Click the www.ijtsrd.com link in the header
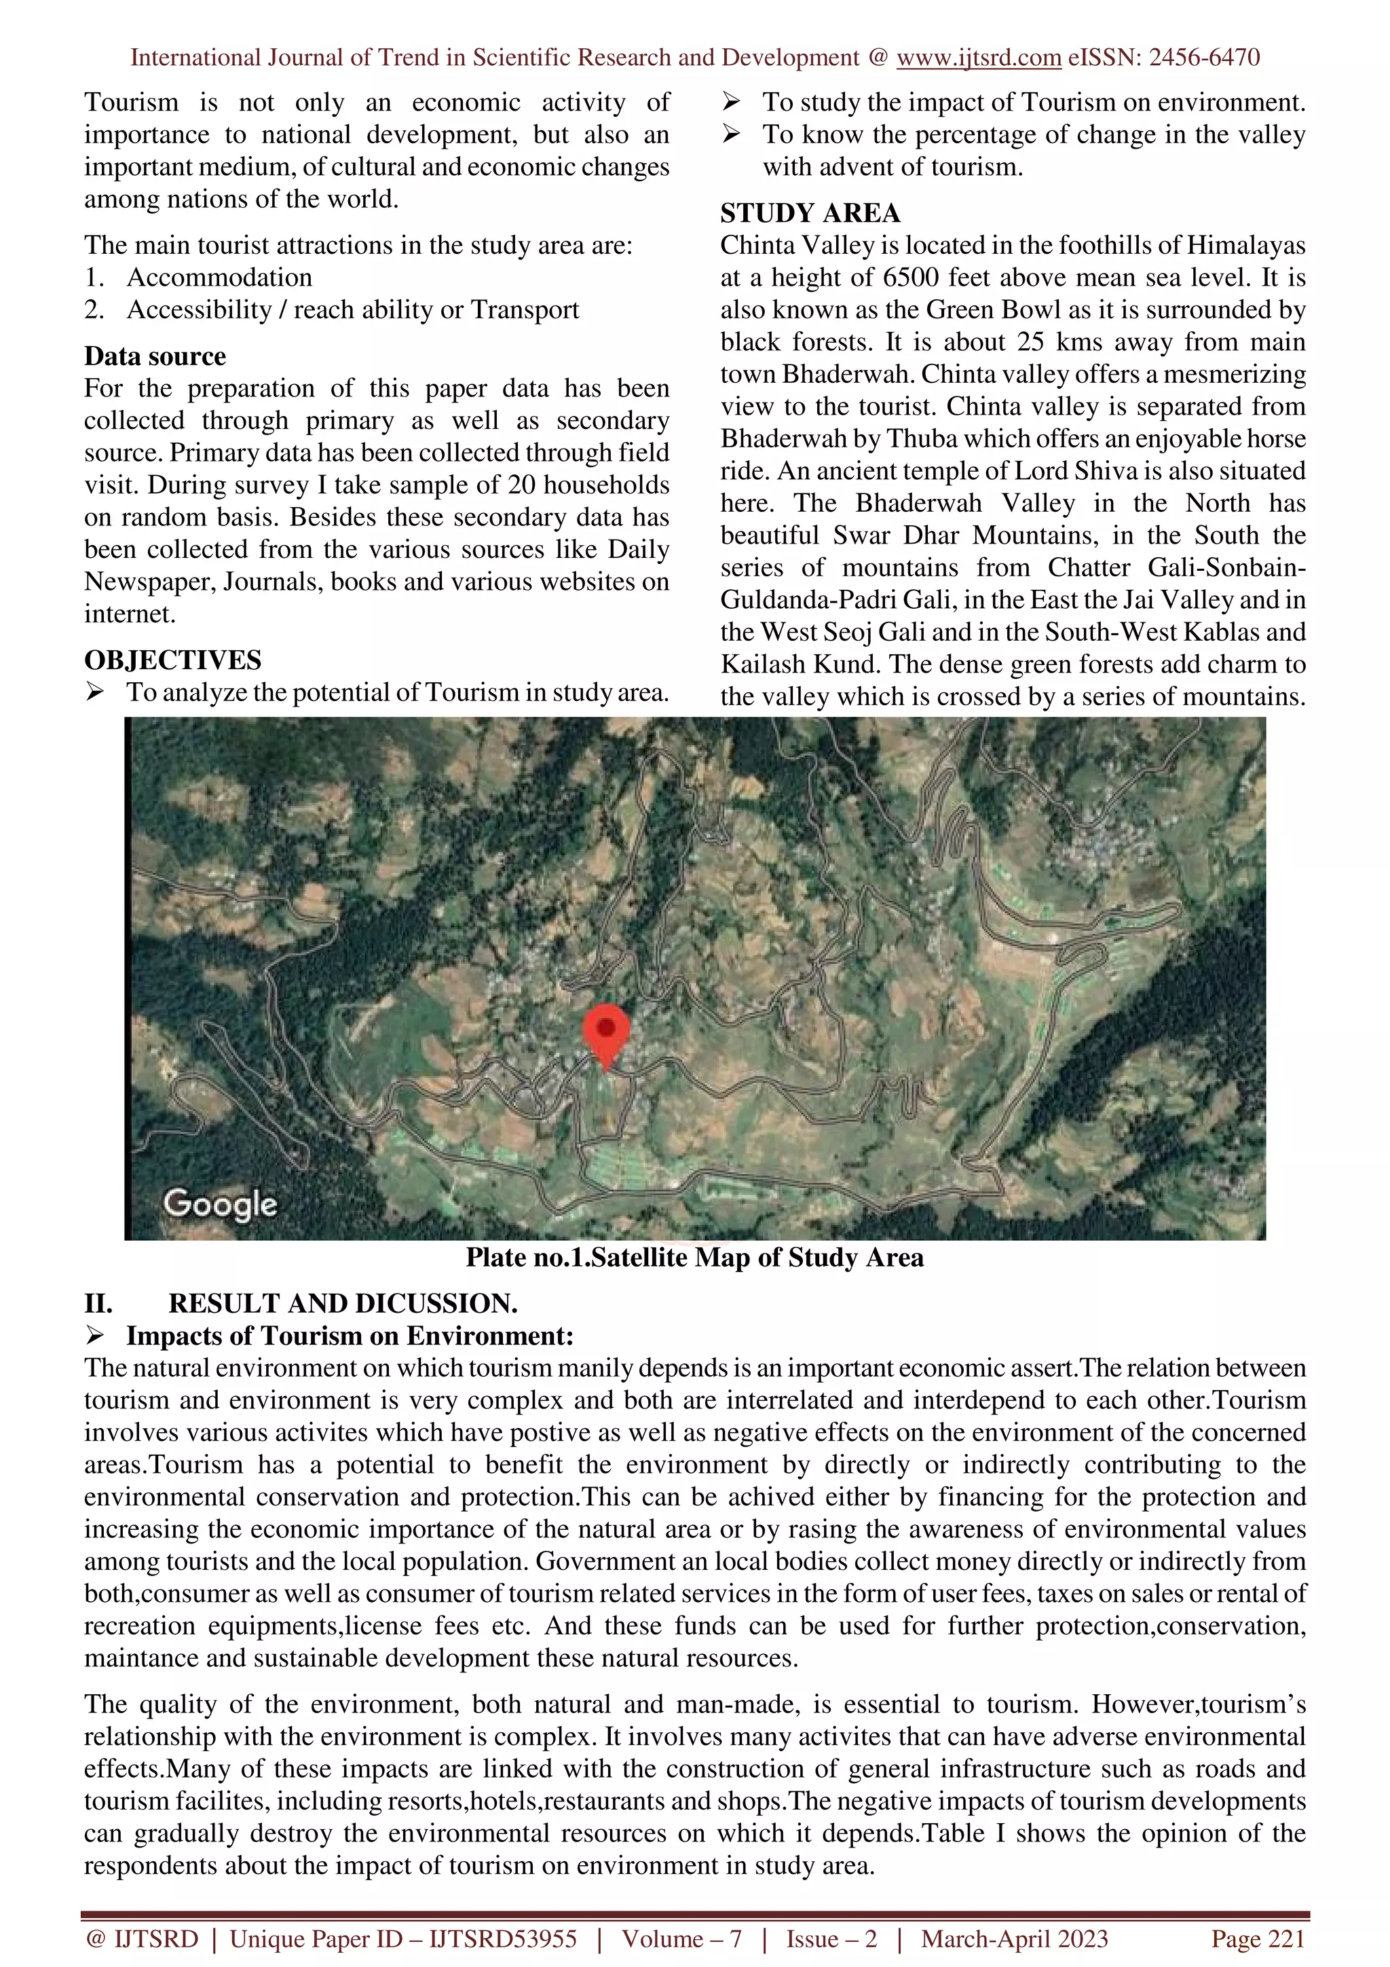coord(978,58)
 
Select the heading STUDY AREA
coord(809,212)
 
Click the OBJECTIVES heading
coord(172,660)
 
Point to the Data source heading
coord(155,356)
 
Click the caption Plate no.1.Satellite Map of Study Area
coord(694,1258)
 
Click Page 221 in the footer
coord(1257,1938)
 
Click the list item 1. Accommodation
coord(199,278)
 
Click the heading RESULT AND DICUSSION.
coord(343,1304)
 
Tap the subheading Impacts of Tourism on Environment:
coord(350,1336)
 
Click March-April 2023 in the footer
coord(1014,1938)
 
